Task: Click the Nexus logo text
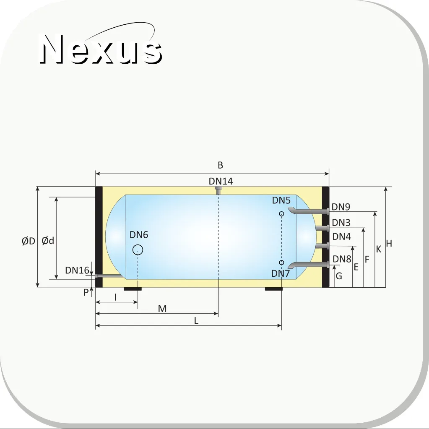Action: coord(101,49)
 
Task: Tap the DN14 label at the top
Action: coord(221,181)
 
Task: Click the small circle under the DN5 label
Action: coord(281,214)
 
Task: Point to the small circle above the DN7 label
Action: coord(281,263)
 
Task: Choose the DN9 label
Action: coord(341,207)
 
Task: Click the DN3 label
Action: coord(341,223)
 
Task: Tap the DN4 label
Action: coord(341,237)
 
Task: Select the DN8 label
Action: coord(342,259)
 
